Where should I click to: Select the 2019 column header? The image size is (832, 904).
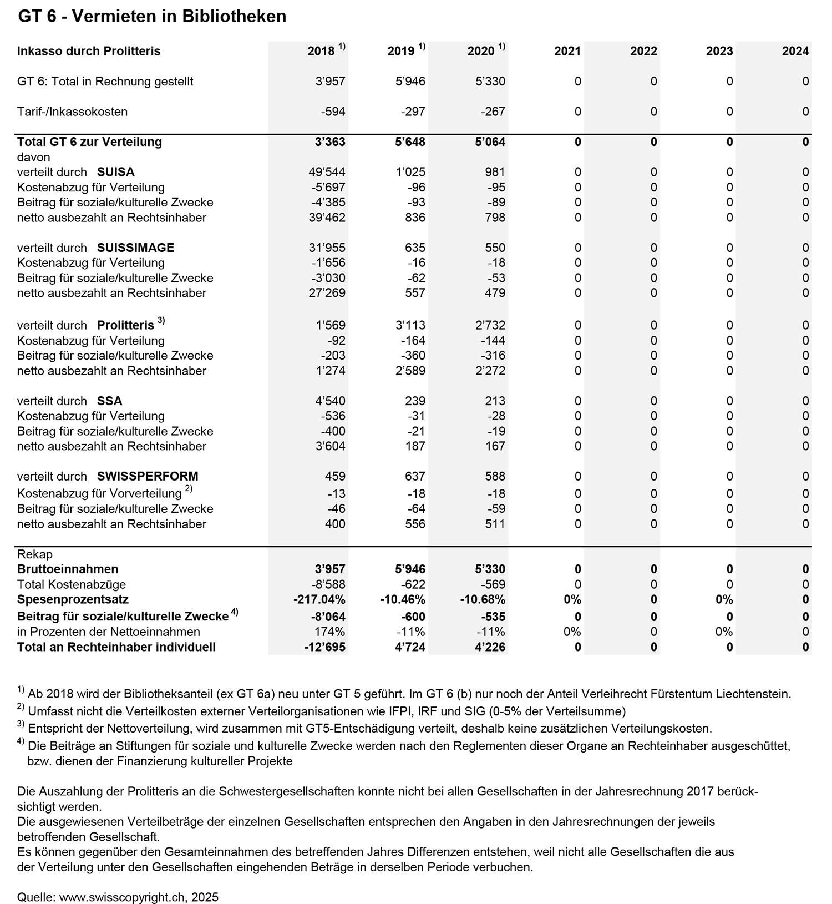(x=401, y=52)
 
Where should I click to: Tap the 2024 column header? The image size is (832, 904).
(x=795, y=52)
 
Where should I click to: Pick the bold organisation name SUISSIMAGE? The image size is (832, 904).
(x=135, y=248)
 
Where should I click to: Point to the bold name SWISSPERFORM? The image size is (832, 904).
(x=148, y=476)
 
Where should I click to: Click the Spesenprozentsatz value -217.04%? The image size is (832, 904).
(x=319, y=599)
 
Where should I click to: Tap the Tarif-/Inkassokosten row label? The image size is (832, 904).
(x=72, y=112)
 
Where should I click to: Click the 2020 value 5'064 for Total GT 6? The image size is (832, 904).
(x=486, y=142)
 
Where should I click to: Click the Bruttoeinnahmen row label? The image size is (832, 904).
(x=68, y=569)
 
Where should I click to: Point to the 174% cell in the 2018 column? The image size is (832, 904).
(x=331, y=632)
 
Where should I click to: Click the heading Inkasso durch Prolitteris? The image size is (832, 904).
(x=89, y=52)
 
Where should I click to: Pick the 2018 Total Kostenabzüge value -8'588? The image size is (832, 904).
(x=327, y=584)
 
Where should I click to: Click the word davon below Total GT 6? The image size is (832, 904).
(x=34, y=157)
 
